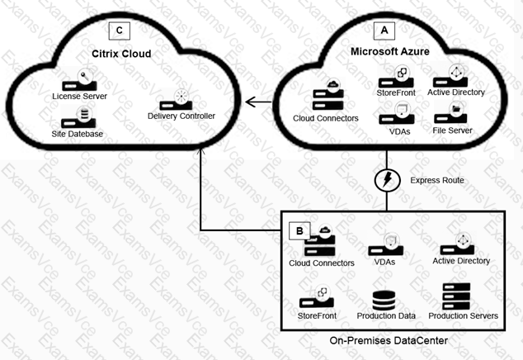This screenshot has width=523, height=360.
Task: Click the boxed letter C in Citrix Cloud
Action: click(x=120, y=31)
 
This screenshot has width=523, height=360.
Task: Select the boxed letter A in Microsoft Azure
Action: click(x=383, y=30)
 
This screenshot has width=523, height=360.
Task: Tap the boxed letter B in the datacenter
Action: click(x=294, y=230)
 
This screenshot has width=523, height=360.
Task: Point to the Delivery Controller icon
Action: click(x=180, y=100)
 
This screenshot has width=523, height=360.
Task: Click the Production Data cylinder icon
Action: click(x=384, y=300)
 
